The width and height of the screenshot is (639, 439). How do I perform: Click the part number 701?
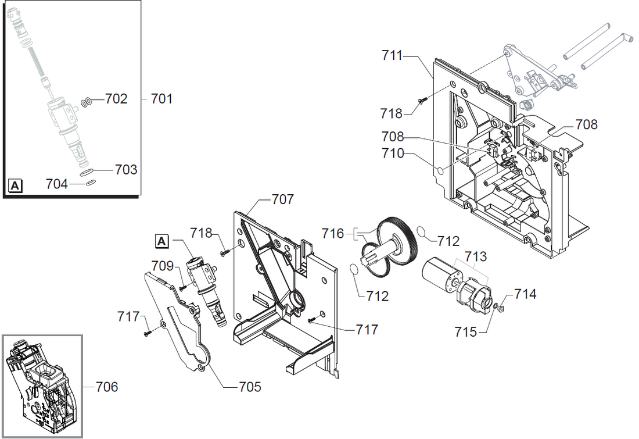tap(161, 99)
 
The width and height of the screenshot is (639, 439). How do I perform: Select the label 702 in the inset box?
tap(116, 99)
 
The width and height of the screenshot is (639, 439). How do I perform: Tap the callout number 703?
tap(126, 169)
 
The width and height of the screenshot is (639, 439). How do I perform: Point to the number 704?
tap(57, 184)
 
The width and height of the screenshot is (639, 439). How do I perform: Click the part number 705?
tap(249, 387)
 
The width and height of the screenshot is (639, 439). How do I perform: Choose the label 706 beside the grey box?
tap(106, 387)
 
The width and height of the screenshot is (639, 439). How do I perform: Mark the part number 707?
tap(283, 199)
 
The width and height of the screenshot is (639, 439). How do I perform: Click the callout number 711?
tap(392, 56)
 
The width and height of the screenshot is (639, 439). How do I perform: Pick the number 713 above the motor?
tap(475, 256)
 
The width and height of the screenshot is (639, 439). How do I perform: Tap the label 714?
tap(525, 294)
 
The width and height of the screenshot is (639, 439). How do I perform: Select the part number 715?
tap(466, 332)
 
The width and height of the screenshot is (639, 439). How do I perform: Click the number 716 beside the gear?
tap(333, 234)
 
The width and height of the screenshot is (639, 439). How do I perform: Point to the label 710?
tap(393, 154)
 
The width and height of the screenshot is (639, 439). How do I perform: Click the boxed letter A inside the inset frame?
tap(16, 186)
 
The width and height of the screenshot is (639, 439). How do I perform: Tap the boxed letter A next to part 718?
tap(162, 240)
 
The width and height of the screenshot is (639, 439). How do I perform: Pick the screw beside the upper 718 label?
tap(423, 100)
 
